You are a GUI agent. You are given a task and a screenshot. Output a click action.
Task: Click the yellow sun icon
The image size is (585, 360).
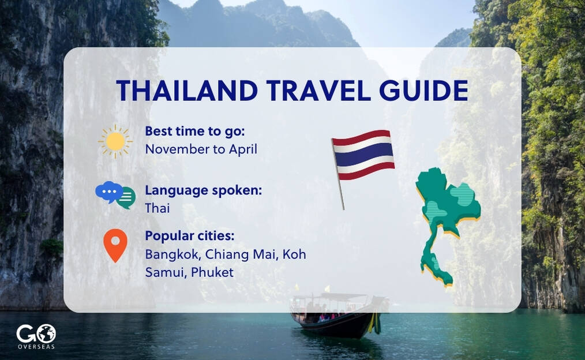coord(115,141)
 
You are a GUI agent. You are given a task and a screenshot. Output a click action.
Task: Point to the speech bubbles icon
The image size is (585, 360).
coord(115,195)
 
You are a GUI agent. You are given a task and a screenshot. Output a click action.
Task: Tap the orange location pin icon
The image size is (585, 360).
coord(115,245)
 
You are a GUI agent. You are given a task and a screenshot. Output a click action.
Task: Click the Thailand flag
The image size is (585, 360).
coord(363,155)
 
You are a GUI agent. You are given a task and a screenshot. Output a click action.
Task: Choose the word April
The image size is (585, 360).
coord(242,149)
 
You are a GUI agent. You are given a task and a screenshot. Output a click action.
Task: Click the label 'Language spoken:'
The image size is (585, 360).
coord(203,190)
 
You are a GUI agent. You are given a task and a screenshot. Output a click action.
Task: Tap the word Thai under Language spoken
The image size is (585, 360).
coord(157,208)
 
